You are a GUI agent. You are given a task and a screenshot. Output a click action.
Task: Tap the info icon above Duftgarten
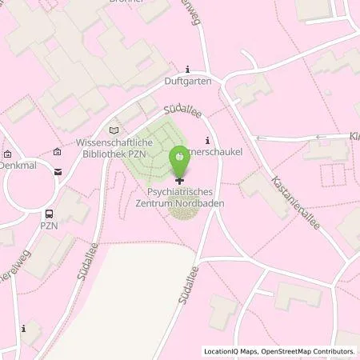click(x=188, y=69)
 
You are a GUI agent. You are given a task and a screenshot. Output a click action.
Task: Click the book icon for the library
click(x=113, y=130)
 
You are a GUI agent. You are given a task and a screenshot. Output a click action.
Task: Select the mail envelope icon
click(x=58, y=170)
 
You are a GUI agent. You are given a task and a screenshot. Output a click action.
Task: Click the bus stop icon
click(x=50, y=214)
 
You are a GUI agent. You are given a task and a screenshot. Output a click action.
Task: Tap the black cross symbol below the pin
click(x=178, y=182)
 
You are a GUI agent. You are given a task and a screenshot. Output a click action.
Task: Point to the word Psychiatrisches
click(x=178, y=193)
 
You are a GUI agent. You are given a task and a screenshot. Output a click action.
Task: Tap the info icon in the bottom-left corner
click(x=24, y=328)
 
